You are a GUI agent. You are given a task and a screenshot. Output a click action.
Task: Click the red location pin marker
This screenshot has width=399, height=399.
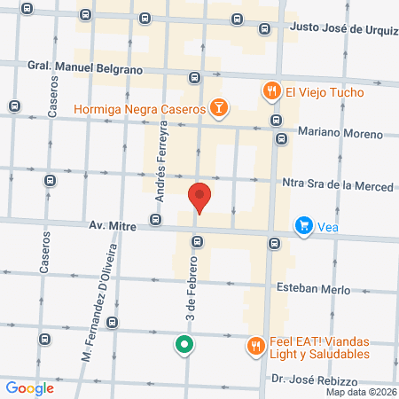coord(200,197)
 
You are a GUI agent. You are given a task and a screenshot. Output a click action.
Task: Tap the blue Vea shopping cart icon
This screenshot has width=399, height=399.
coord(305,226)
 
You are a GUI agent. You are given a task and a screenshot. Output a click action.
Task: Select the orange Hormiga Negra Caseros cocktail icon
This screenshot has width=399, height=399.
coord(218,109)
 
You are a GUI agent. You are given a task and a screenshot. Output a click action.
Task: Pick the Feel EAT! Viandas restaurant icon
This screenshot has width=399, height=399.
coord(255,346)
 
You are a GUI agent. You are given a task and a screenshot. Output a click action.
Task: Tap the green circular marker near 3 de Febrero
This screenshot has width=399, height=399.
coord(184,344)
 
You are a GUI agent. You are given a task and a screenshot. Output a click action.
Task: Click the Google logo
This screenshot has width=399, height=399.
coord(30,387)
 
